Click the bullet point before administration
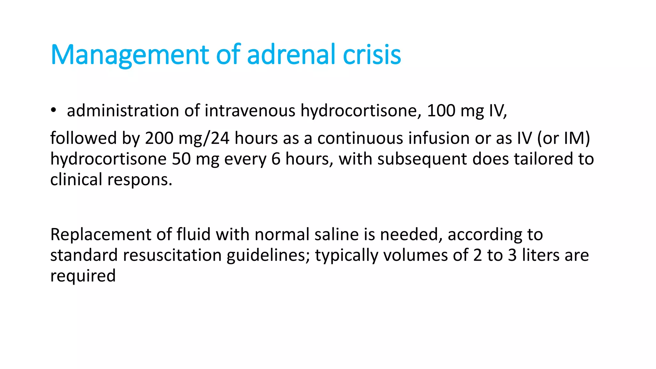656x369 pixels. [x=53, y=111]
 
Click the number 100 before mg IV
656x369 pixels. [x=441, y=111]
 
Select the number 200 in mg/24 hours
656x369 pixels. [x=159, y=138]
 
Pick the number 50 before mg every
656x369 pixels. [x=181, y=159]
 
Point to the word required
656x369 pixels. [x=83, y=276]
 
